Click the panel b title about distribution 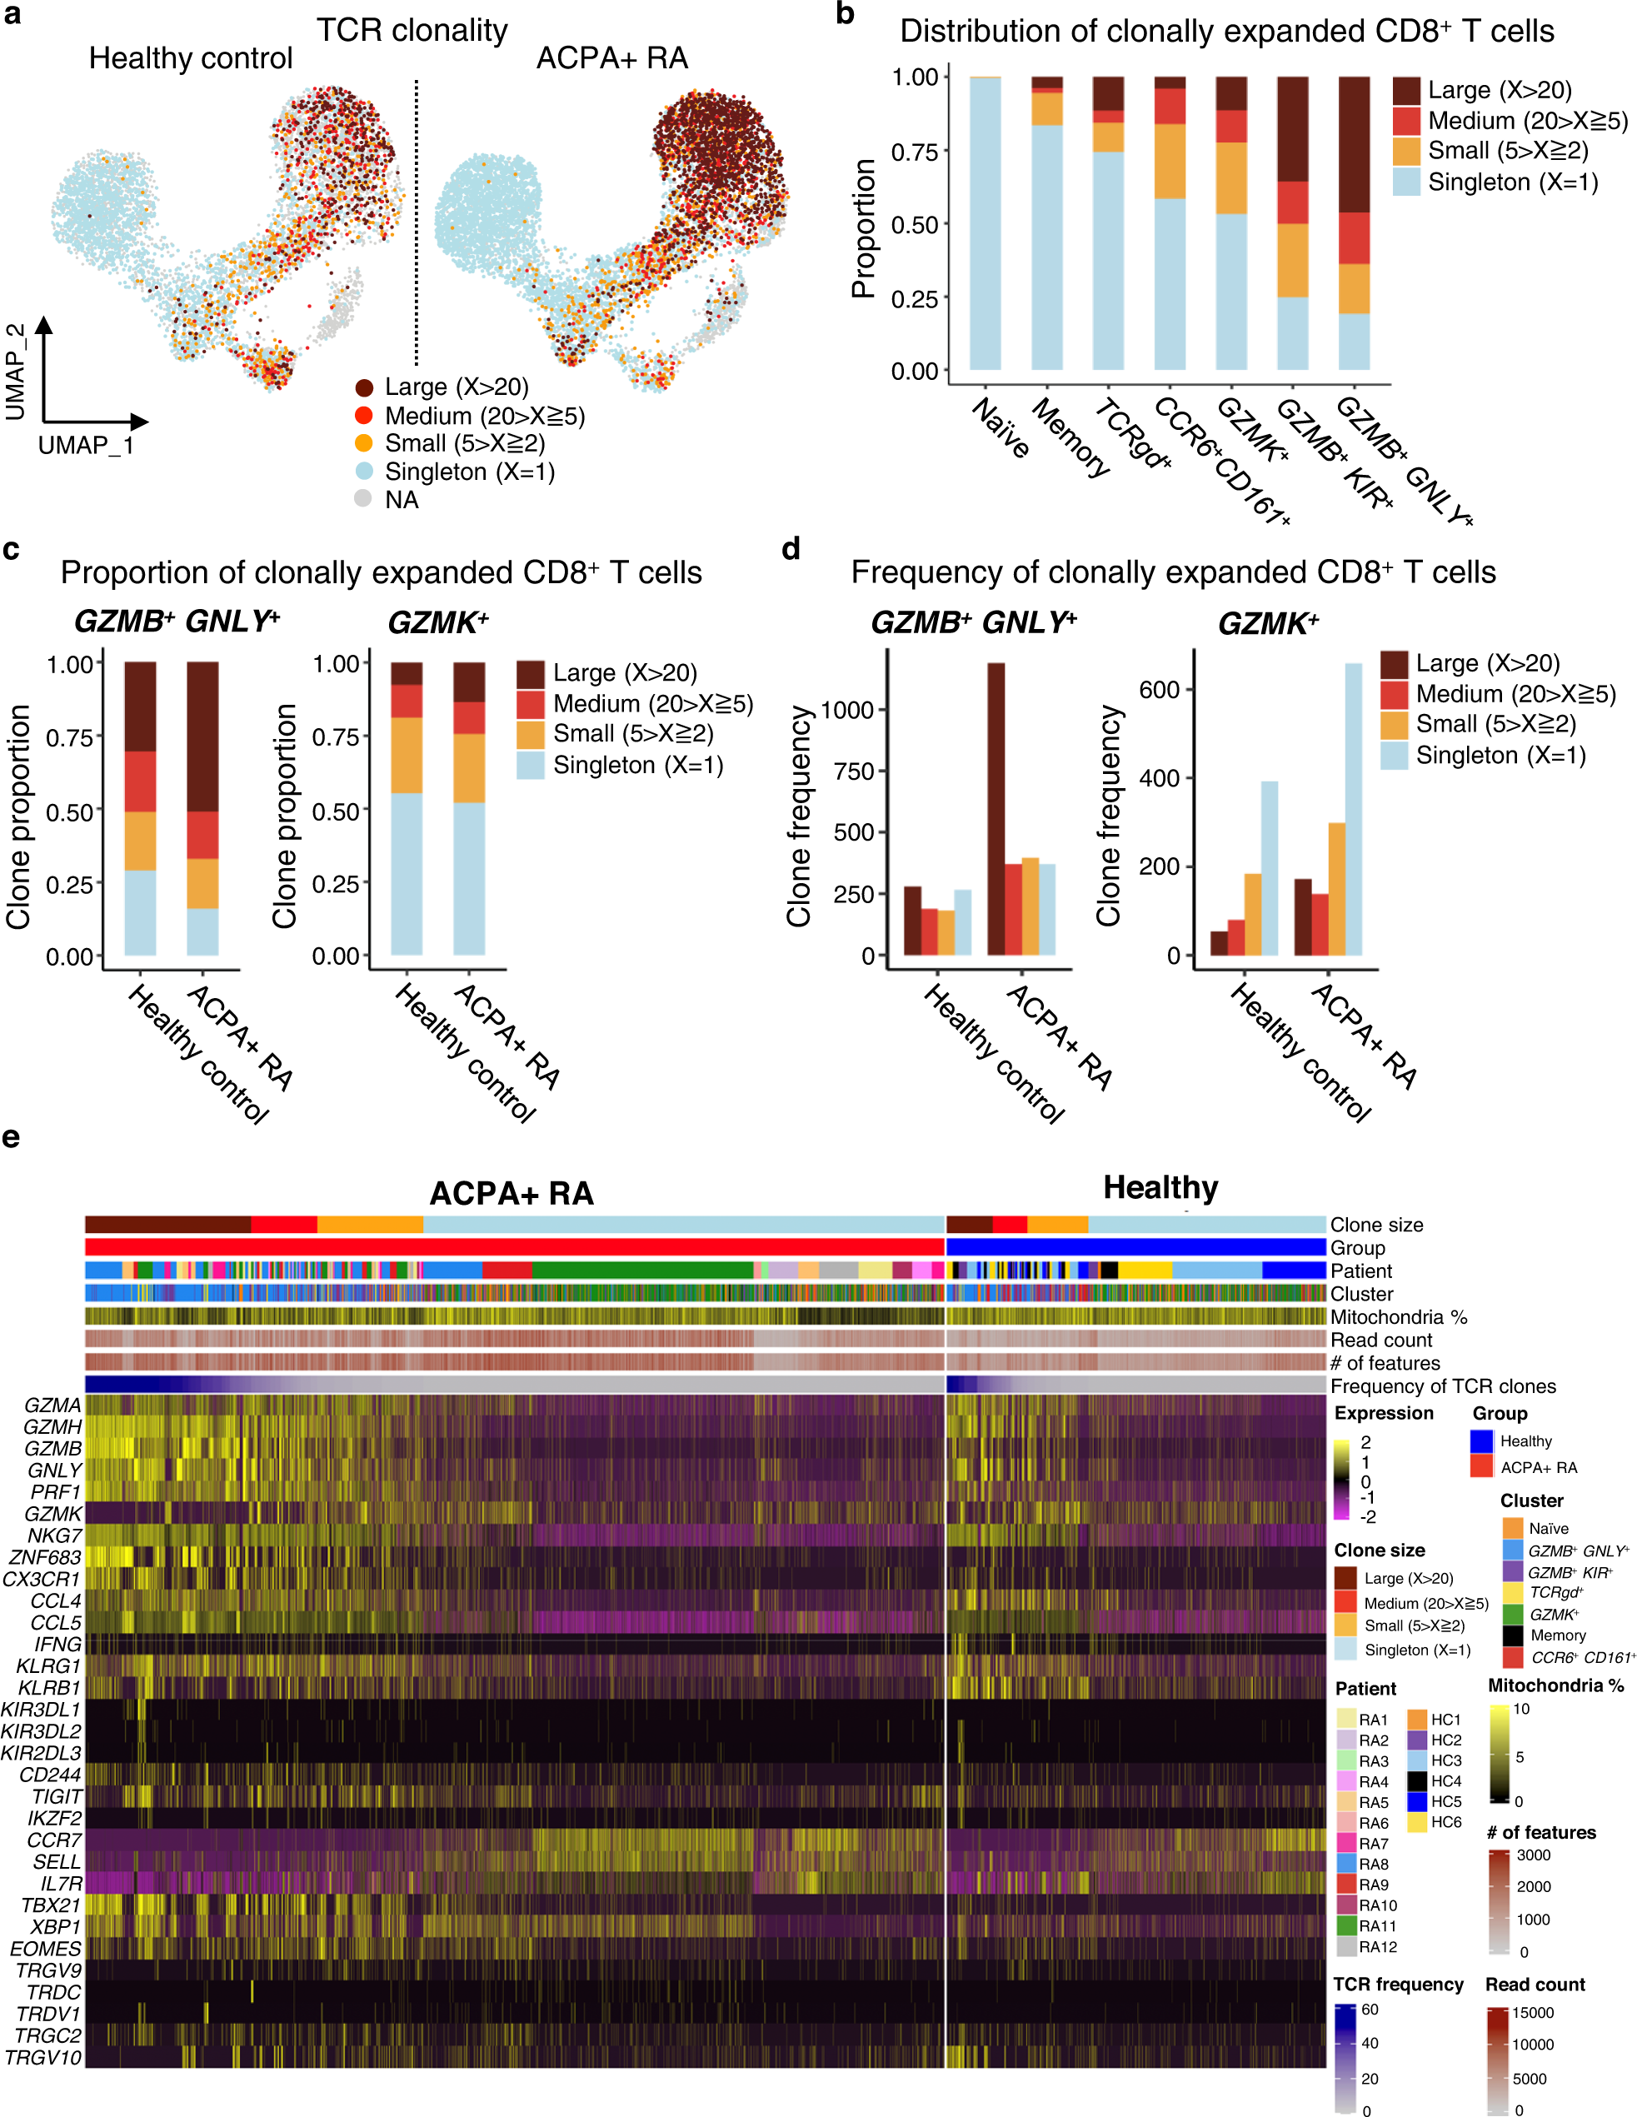tap(1226, 31)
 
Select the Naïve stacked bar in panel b tap(985, 223)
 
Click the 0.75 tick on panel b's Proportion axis tap(915, 152)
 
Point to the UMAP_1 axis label tap(85, 446)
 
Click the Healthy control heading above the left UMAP tap(190, 58)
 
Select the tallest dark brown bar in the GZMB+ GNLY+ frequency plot tap(996, 808)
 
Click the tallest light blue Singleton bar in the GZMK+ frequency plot tap(1353, 808)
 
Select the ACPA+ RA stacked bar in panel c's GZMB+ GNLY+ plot tap(202, 808)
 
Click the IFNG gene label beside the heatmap tap(58, 1644)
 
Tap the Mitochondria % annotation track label tap(1398, 1316)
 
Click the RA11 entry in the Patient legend tap(1376, 1925)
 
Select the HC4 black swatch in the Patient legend tap(1417, 1780)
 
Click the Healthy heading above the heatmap tap(1160, 1187)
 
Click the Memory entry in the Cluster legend tap(1558, 1635)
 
